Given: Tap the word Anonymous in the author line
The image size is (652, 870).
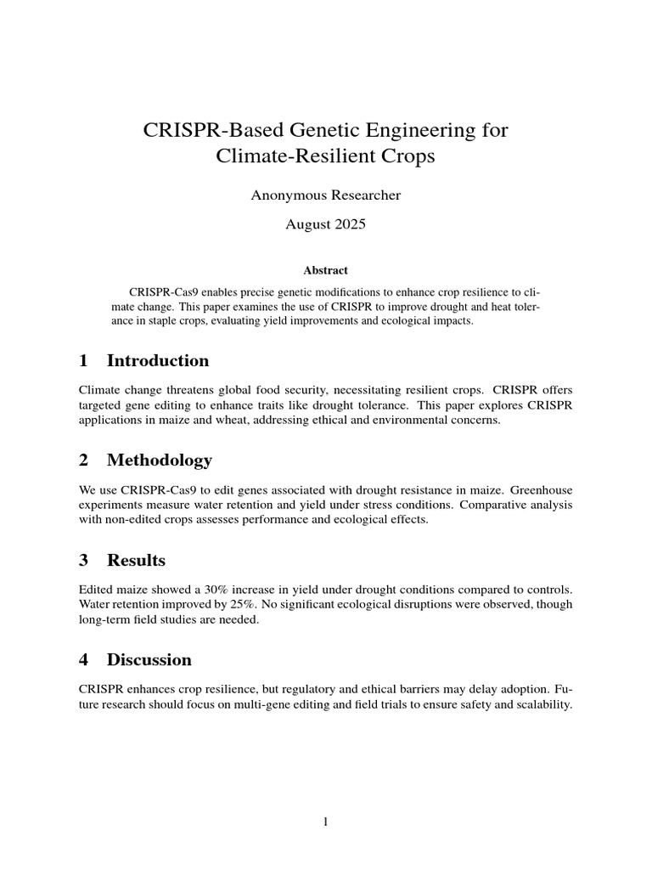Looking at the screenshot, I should click(x=285, y=195).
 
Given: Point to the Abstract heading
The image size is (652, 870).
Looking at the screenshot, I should click(x=325, y=270).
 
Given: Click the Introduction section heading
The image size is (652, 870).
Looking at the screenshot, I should click(x=158, y=360).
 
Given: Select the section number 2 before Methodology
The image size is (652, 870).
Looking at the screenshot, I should click(x=83, y=460).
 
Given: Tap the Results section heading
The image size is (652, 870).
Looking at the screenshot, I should click(x=136, y=560).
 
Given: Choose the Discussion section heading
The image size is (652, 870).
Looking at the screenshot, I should click(x=149, y=659).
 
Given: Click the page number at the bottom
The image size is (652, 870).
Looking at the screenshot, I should click(x=325, y=822).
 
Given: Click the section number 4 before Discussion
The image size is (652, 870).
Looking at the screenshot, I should click(x=83, y=659).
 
